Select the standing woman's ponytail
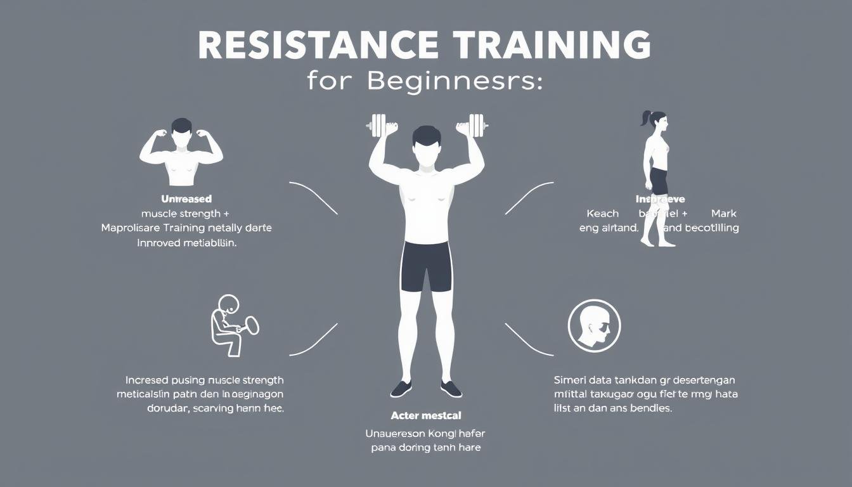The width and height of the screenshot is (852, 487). [647, 119]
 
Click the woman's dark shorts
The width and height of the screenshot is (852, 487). [657, 180]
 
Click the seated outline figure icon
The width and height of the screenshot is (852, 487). [229, 325]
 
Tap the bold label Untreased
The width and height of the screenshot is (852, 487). [186, 199]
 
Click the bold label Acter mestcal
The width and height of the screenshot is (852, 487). [426, 416]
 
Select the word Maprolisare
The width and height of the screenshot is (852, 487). [132, 228]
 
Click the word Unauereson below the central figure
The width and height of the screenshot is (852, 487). [396, 434]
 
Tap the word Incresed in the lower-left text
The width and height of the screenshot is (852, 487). [147, 380]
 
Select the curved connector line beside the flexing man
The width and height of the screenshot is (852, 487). [314, 198]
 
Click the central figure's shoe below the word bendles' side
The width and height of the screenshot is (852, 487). [450, 388]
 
